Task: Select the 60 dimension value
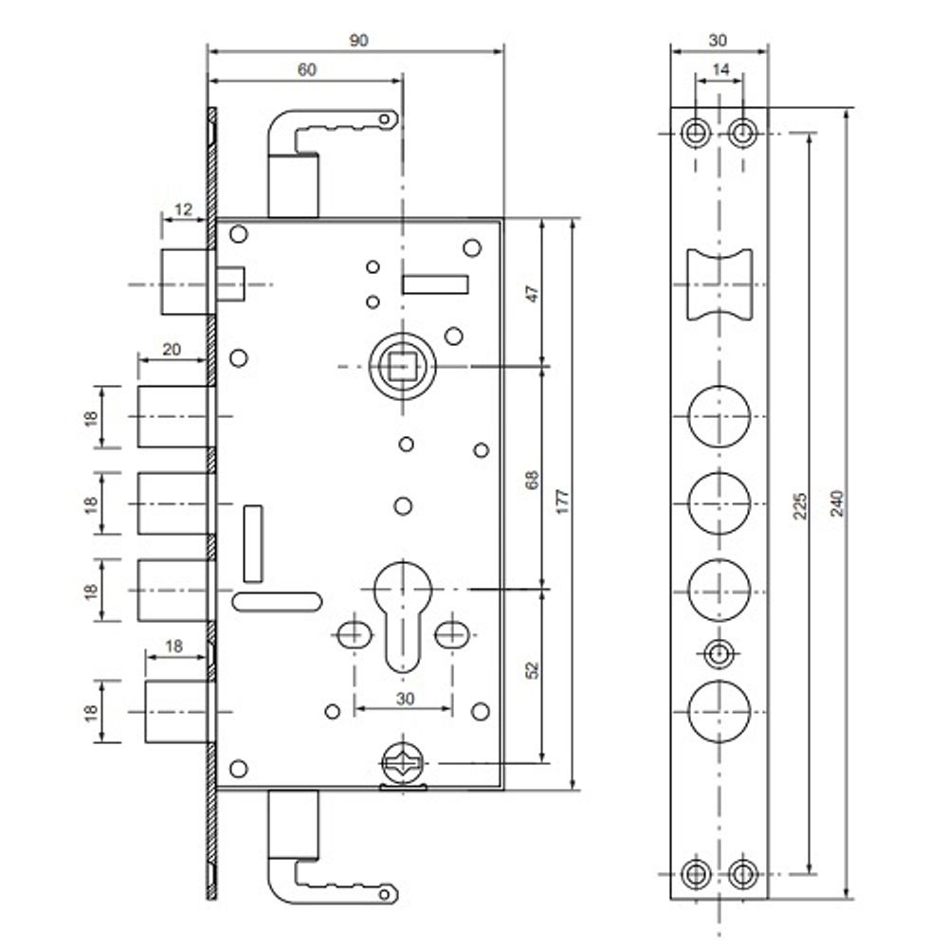[x=305, y=69]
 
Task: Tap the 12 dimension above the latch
[x=183, y=210]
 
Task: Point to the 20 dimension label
[x=172, y=349]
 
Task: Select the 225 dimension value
[x=799, y=503]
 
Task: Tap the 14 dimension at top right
[x=720, y=69]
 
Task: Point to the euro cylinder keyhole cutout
[x=404, y=607]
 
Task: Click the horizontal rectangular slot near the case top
[x=436, y=284]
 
